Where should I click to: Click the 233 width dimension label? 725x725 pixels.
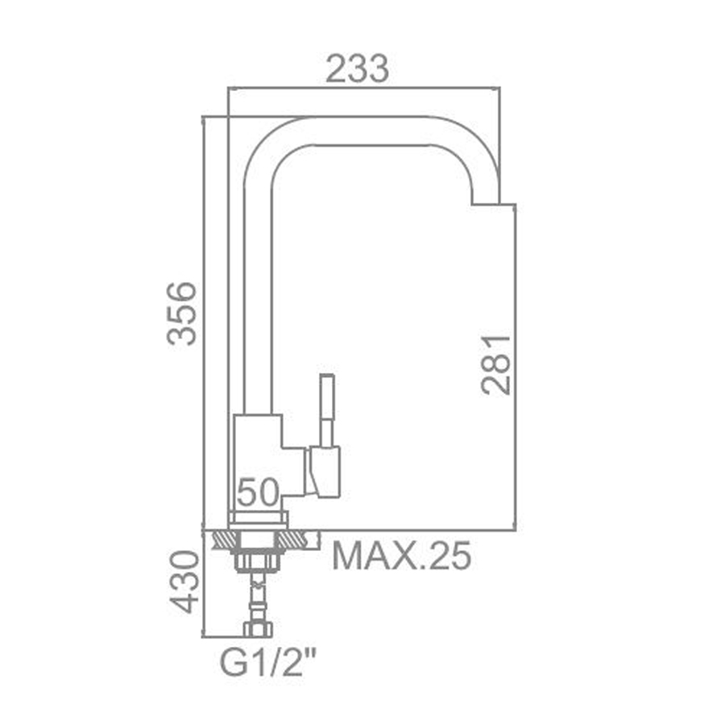[x=357, y=69]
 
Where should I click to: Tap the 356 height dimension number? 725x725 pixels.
[x=182, y=313]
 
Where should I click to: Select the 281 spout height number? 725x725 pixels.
[x=495, y=364]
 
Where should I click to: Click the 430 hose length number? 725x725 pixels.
[x=184, y=582]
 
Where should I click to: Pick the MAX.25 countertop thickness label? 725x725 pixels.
[x=402, y=555]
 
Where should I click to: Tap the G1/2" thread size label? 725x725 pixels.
[x=268, y=663]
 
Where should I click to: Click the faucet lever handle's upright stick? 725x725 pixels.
[x=327, y=410]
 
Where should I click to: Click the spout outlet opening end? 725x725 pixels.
[x=485, y=204]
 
